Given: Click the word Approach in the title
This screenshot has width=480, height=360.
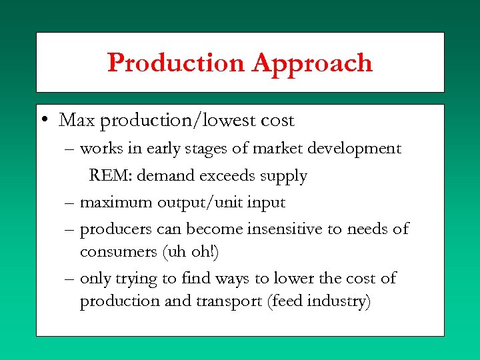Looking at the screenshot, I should tap(312, 64).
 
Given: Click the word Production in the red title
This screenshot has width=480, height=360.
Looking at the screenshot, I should tap(176, 63).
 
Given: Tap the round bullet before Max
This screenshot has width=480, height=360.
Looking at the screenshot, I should tap(43, 121).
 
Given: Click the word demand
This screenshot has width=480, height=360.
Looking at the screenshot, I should tap(164, 176).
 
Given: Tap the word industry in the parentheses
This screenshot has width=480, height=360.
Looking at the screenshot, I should tap(339, 302).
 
